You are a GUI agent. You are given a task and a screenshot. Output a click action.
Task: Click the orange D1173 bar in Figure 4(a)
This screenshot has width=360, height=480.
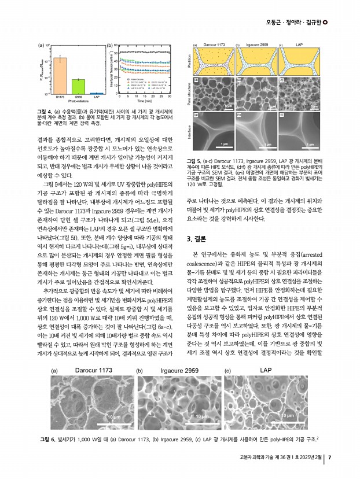tap(60, 75)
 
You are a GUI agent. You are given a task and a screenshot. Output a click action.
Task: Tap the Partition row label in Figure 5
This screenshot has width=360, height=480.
tap(190, 61)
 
